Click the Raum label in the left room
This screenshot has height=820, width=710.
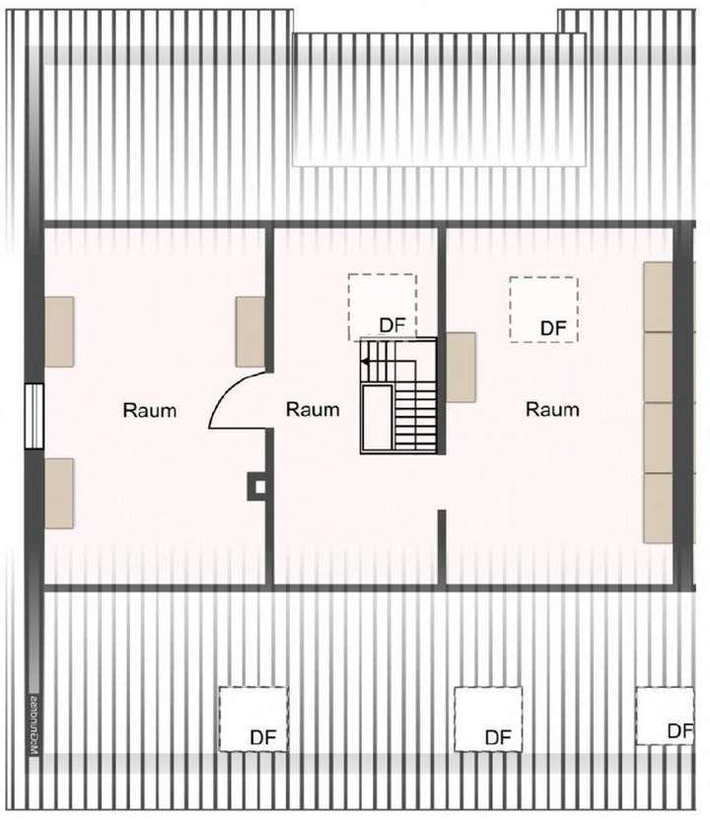tap(150, 410)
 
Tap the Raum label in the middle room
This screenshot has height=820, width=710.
tap(313, 409)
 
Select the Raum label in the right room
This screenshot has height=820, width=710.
tap(551, 409)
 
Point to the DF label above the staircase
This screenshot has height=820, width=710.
tap(393, 325)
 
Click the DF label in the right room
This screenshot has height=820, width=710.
tap(554, 327)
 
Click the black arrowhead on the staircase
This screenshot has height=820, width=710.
tap(365, 363)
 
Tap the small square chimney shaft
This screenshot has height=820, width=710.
tap(259, 485)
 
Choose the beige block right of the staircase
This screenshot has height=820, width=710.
tap(461, 367)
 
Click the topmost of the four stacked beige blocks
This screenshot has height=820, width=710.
tap(658, 297)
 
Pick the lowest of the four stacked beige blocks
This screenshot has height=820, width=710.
tap(658, 508)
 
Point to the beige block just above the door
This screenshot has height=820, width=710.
tap(249, 332)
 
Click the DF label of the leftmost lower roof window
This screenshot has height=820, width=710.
tap(262, 736)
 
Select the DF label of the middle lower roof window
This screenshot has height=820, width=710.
tap(498, 737)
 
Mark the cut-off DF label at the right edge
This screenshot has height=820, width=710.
tap(679, 731)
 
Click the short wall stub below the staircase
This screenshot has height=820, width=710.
tap(442, 547)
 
